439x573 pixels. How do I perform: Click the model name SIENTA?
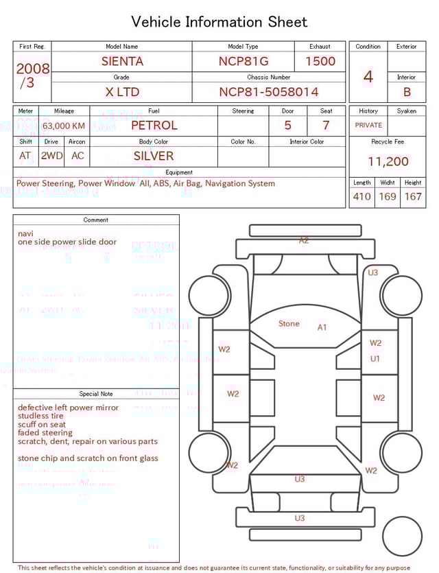tap(122, 61)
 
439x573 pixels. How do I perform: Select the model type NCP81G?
tap(244, 61)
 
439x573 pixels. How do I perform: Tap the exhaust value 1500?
tap(320, 61)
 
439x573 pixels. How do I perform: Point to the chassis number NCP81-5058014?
tap(269, 92)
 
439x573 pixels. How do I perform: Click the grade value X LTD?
tap(122, 92)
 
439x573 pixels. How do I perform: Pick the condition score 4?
tap(368, 76)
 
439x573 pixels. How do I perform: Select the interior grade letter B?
tap(407, 92)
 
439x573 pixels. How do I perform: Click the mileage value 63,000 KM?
tap(64, 126)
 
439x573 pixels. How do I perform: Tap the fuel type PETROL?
tap(154, 126)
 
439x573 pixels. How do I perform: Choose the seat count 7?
tap(326, 126)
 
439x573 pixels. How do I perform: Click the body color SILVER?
tap(154, 156)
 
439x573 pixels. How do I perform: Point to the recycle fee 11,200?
tap(388, 162)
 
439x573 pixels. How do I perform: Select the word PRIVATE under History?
tap(368, 126)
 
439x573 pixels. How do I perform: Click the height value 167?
tap(413, 197)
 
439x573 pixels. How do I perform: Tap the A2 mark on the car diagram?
tap(304, 240)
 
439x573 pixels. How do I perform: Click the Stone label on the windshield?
tap(289, 323)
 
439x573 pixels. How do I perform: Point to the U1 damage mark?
tap(375, 358)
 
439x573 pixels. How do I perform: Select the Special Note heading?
tap(96, 394)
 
